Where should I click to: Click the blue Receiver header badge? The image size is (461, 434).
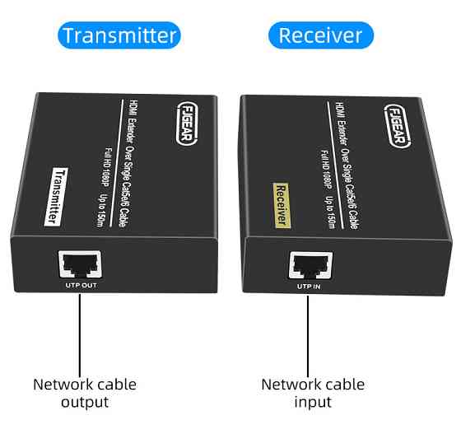tap(320, 35)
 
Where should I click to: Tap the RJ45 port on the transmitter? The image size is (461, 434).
tap(80, 264)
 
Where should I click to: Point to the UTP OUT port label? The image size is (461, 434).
tap(80, 287)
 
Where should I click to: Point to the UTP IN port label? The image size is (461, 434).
tap(310, 287)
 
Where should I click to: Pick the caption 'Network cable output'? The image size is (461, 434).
tap(85, 393)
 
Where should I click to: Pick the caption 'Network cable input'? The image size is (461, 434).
tap(313, 393)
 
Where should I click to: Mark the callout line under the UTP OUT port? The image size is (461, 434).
tap(80, 329)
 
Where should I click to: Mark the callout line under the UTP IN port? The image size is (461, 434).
tap(310, 329)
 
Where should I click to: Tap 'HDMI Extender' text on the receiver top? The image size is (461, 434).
tap(340, 124)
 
